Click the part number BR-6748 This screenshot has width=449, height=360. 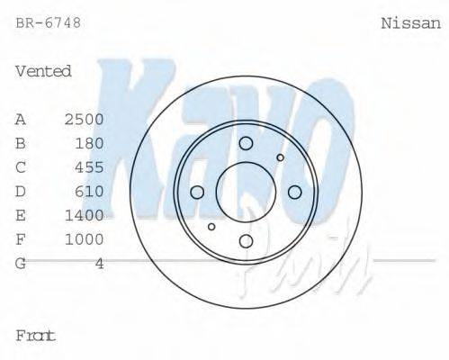48,23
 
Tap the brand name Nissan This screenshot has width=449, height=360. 411,23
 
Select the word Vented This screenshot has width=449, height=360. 43,71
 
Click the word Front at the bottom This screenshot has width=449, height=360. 36,336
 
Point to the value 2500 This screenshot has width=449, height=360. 85,119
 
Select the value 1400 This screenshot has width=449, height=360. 85,216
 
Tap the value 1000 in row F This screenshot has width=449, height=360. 85,239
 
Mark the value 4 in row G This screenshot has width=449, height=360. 99,264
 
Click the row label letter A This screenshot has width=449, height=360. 21,119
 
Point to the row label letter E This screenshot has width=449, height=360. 21,216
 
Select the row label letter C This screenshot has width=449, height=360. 21,167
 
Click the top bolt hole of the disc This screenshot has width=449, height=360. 246,143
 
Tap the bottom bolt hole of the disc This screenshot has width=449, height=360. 246,240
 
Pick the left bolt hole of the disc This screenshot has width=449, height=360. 198,192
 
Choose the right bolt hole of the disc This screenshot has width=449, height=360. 294,192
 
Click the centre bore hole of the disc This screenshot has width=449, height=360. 246,192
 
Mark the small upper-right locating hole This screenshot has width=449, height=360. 280,157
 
